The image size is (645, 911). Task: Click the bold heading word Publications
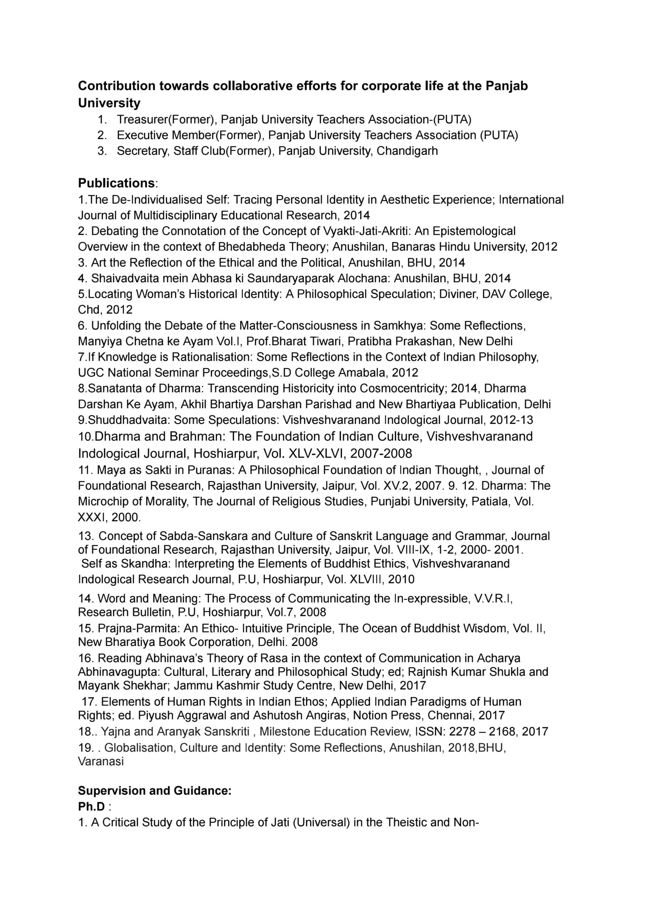click(x=116, y=183)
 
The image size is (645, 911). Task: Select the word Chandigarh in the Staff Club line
click(x=407, y=151)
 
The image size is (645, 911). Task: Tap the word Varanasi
click(x=101, y=761)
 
